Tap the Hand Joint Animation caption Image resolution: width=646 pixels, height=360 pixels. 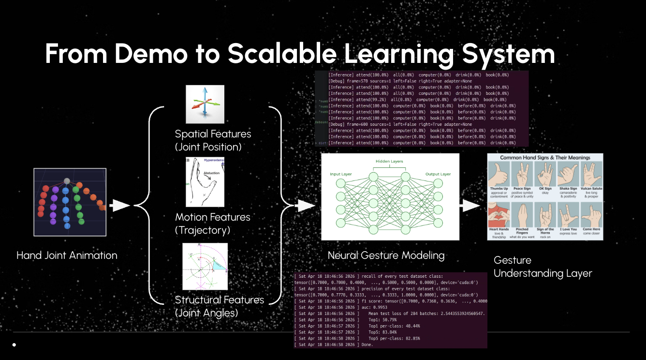point(67,255)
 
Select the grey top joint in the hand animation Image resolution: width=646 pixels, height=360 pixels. point(67,181)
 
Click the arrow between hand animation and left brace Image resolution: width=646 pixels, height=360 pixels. point(119,206)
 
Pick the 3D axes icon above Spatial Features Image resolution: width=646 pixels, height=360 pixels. point(205,104)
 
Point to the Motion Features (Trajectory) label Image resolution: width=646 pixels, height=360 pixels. point(213,224)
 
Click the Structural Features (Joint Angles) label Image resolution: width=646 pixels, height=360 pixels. point(220,306)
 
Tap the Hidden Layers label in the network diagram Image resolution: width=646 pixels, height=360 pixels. point(389,161)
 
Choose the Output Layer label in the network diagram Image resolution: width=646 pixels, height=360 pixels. point(438,174)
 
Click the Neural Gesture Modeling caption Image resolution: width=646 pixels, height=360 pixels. point(386,255)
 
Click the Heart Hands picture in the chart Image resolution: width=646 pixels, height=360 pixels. point(499,215)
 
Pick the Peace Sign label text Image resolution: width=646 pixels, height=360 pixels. point(522,189)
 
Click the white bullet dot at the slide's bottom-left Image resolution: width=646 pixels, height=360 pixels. point(14,345)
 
